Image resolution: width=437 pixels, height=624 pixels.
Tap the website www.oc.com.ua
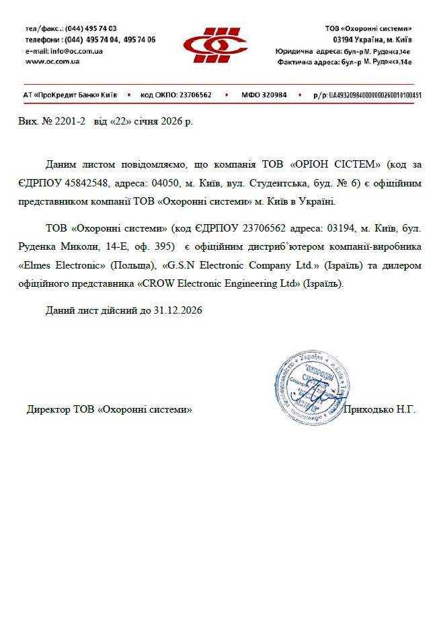(x=52, y=61)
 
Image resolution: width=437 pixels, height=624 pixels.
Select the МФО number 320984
(x=273, y=95)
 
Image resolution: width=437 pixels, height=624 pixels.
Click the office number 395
(x=165, y=247)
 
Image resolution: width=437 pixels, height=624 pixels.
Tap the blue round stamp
(x=311, y=388)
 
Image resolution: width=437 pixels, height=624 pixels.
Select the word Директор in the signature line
(x=48, y=409)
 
